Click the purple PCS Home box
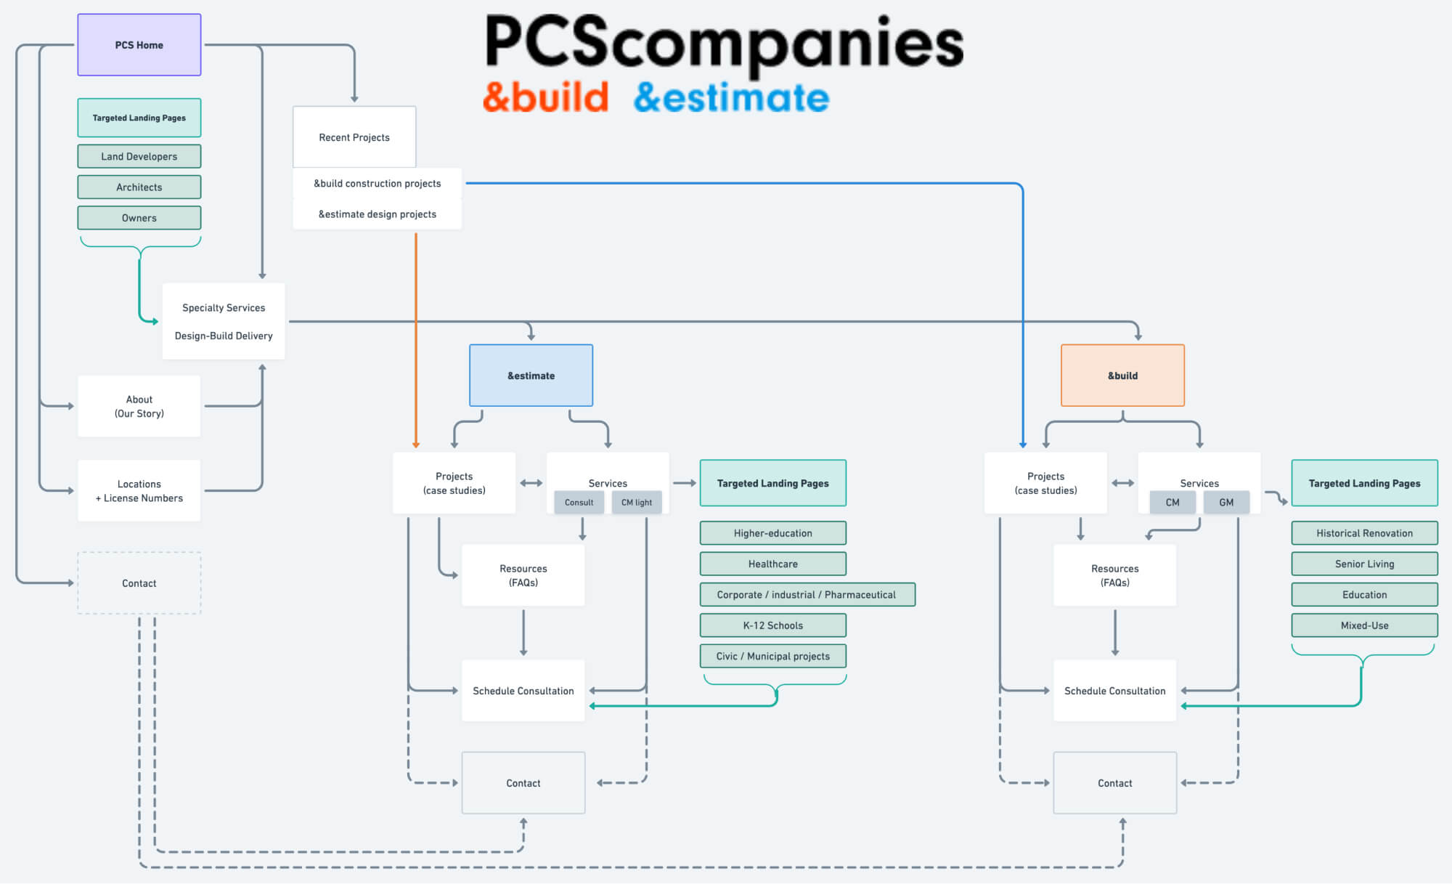pos(139,45)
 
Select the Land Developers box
pos(139,156)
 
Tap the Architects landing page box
pos(139,187)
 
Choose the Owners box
pos(139,218)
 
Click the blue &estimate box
pos(531,376)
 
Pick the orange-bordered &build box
pos(1122,376)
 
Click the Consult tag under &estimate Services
pos(579,502)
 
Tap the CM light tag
pos(636,502)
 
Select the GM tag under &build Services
pos(1226,502)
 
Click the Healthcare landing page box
pos(772,564)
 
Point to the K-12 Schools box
pos(772,625)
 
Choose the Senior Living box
pos(1364,564)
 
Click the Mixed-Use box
pos(1364,625)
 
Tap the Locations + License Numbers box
pos(139,490)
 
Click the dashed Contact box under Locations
pos(139,583)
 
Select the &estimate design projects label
pos(377,214)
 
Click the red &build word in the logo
pos(545,97)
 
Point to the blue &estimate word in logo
pos(731,97)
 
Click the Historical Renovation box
pos(1364,533)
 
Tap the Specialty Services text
pos(224,308)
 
